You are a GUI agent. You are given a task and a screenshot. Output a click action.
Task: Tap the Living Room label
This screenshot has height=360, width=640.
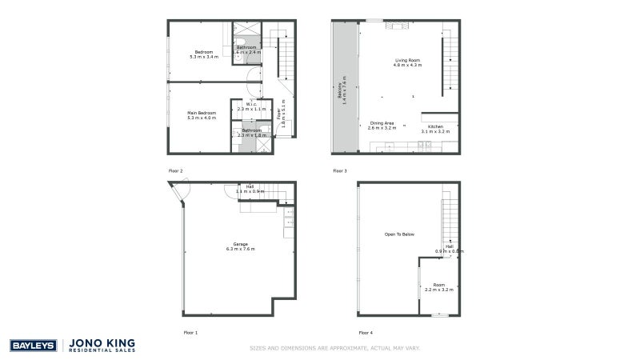407,60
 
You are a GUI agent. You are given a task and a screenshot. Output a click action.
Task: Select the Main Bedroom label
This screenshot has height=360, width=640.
202,113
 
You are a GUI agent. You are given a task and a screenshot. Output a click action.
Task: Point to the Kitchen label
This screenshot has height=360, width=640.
435,126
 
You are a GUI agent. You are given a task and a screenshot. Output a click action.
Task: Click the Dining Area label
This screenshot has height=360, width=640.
382,122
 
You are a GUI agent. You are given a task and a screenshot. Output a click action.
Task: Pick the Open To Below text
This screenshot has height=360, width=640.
399,234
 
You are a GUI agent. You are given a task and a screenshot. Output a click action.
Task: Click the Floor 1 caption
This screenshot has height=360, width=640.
190,331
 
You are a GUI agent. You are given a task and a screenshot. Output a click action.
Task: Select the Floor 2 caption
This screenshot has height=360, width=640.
176,171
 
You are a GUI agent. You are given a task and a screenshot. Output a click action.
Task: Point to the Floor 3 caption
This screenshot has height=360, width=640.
340,171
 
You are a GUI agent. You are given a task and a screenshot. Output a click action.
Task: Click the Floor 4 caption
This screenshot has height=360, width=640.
366,331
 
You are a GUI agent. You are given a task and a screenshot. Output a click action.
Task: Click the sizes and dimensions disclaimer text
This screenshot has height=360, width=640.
334,349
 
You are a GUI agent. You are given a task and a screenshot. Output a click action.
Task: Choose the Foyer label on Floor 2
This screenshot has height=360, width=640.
279,114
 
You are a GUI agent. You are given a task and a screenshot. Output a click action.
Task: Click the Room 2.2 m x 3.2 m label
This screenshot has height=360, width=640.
438,286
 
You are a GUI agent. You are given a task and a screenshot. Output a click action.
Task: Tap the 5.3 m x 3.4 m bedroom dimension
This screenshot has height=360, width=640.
204,57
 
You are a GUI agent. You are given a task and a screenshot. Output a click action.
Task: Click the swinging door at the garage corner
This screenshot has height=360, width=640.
180,191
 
